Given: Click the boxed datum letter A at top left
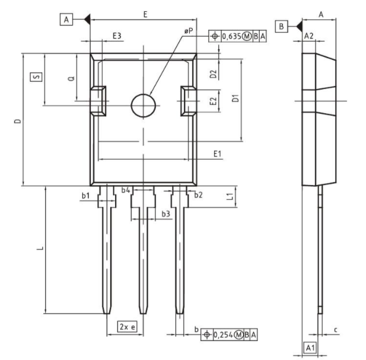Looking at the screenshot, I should [x=66, y=20].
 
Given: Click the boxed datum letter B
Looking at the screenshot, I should [x=282, y=26].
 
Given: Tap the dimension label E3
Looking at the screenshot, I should [x=117, y=36].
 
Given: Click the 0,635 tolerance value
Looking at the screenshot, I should [x=231, y=37].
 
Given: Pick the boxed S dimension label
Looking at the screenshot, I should [x=36, y=77].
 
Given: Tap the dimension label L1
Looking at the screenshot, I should [x=230, y=196].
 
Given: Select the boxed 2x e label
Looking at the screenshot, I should [x=127, y=327].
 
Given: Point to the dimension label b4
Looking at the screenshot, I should [x=126, y=190].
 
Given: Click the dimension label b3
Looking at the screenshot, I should [x=166, y=213].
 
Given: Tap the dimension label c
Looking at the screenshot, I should [x=336, y=329].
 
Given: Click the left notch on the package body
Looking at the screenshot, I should [x=97, y=99].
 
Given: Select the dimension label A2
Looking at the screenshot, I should [x=308, y=36].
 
